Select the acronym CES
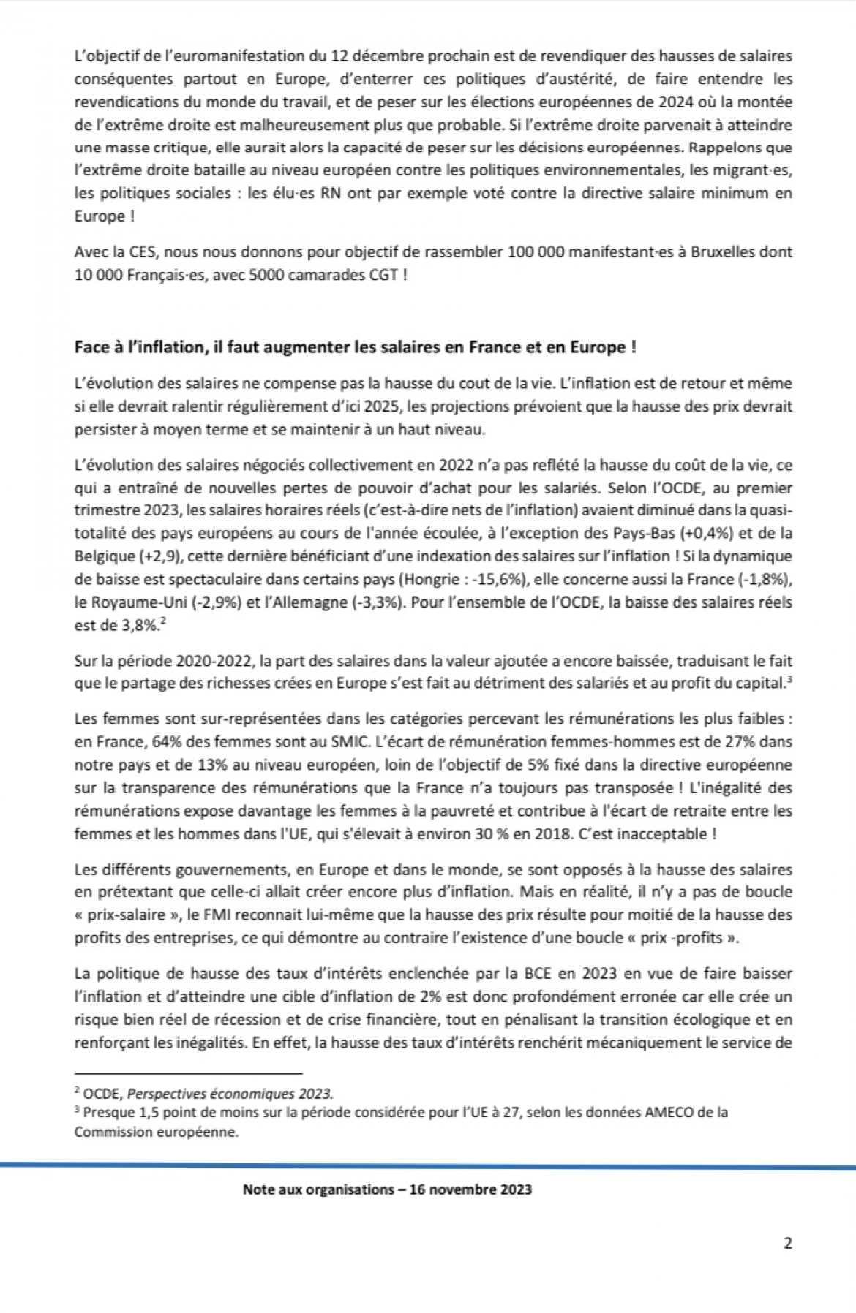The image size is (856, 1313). coord(137,252)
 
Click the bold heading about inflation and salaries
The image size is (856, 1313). coord(355,347)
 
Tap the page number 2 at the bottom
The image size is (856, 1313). coord(787,1243)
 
